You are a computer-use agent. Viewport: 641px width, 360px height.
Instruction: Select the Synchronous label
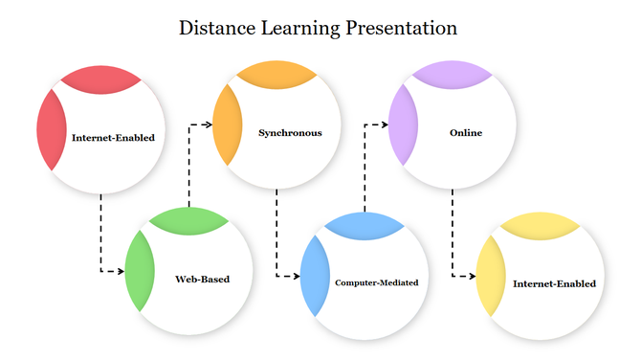pos(290,133)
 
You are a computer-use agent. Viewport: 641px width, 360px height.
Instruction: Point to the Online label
pos(466,133)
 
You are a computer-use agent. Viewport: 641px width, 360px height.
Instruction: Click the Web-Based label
pos(202,280)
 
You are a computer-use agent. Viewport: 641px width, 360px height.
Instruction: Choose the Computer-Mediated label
pos(377,283)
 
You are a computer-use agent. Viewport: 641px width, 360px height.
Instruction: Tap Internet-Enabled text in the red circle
pos(113,137)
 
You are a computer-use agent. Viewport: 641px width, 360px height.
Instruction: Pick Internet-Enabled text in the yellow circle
pos(554,283)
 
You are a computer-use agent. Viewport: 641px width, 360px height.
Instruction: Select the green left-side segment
pos(138,271)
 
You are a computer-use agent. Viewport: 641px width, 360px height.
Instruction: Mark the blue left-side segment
pos(314,276)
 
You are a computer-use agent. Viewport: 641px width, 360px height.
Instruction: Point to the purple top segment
pos(453,73)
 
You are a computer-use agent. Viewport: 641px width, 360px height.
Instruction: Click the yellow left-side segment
pos(489,276)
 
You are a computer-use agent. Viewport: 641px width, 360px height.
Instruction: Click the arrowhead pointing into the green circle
pos(121,272)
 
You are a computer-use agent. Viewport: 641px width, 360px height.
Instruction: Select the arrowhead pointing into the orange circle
pos(208,124)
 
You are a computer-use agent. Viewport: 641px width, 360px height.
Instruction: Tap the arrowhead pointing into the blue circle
pos(297,276)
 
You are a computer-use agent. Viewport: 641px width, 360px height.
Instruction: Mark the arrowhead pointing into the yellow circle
pos(472,276)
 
